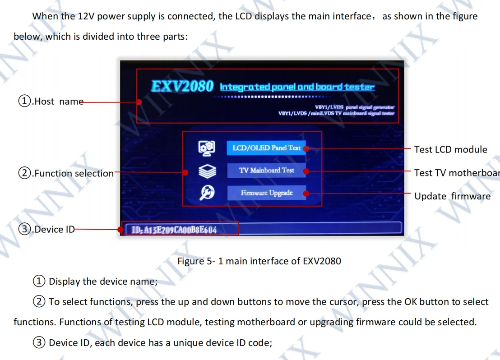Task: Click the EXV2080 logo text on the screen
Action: [182, 86]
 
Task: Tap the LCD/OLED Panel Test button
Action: [266, 148]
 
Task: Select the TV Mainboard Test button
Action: [266, 171]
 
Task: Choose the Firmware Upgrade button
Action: [266, 193]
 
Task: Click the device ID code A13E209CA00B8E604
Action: [174, 230]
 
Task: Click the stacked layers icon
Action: [207, 171]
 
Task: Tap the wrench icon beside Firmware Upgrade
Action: [207, 193]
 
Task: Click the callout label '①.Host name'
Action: [51, 102]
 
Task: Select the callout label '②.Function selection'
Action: [66, 173]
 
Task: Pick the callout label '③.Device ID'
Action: [46, 229]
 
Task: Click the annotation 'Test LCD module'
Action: [450, 149]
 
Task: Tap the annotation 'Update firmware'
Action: [452, 196]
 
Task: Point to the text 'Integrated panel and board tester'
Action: [297, 87]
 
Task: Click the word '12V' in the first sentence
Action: [86, 16]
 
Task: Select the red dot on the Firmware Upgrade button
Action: [306, 194]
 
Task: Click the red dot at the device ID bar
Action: [121, 230]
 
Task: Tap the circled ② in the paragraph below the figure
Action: [39, 302]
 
